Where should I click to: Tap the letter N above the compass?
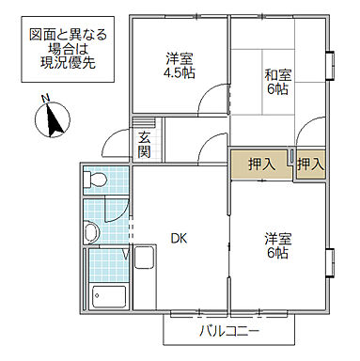click(x=46, y=99)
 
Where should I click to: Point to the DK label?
click(x=179, y=238)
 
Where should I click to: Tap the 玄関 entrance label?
click(x=145, y=146)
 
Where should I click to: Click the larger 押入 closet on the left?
click(x=260, y=164)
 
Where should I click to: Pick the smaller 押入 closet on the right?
click(x=310, y=164)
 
